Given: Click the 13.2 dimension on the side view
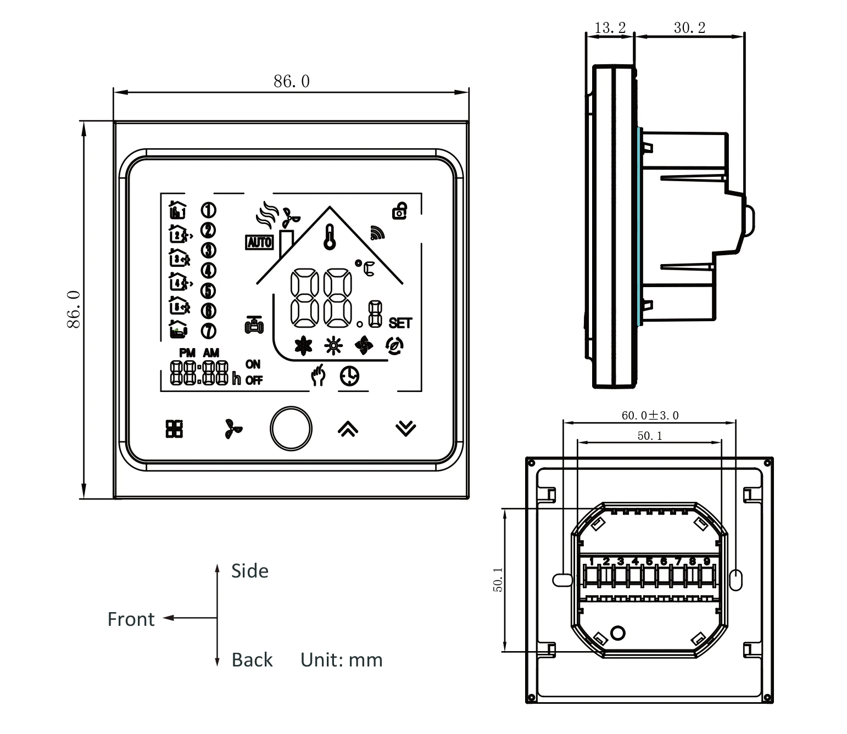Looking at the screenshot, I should tap(610, 27).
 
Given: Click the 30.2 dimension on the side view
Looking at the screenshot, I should tap(689, 27).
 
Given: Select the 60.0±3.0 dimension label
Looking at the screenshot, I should tap(650, 415).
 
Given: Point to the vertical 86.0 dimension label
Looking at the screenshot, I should tap(74, 310).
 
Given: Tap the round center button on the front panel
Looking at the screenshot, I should tap(291, 429).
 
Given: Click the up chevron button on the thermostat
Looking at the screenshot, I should tap(348, 429).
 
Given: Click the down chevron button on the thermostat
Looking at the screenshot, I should tap(406, 428).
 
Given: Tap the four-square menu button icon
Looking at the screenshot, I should tap(175, 429).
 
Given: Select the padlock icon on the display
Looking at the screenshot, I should tap(399, 210).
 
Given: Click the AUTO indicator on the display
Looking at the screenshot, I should tap(259, 242).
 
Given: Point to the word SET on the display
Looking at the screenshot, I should tap(400, 323).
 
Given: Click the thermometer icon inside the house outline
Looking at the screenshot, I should tap(330, 237).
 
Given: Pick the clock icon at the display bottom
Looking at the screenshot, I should tap(349, 376).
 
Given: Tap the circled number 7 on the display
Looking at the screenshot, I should tap(209, 331).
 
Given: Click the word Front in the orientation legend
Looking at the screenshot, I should tap(131, 619).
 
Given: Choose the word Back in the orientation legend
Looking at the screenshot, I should tap(252, 659).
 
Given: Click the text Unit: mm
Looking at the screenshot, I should tap(341, 659).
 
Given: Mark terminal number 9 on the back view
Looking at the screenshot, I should tap(707, 561).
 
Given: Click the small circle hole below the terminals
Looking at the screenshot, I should tap(618, 633).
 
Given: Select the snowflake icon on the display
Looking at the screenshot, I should tap(303, 346).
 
